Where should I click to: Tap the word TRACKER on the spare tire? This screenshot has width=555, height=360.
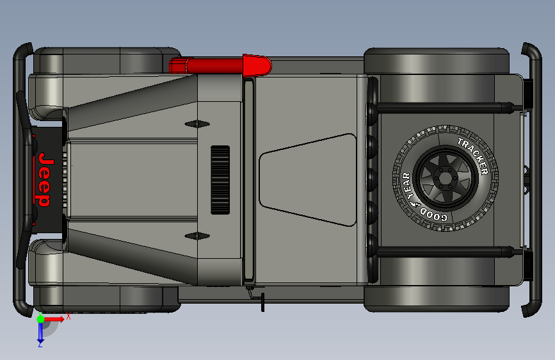coord(474,156)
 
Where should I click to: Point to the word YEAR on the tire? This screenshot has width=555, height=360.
coord(408,186)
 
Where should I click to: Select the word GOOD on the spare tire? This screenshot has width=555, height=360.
coord(434,215)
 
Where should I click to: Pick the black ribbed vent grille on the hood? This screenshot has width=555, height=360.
coord(220,179)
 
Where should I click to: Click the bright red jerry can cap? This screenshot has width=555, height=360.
coord(257,65)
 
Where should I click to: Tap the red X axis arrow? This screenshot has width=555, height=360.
coord(54,319)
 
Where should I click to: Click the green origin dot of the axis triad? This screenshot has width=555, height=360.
coord(40,319)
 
